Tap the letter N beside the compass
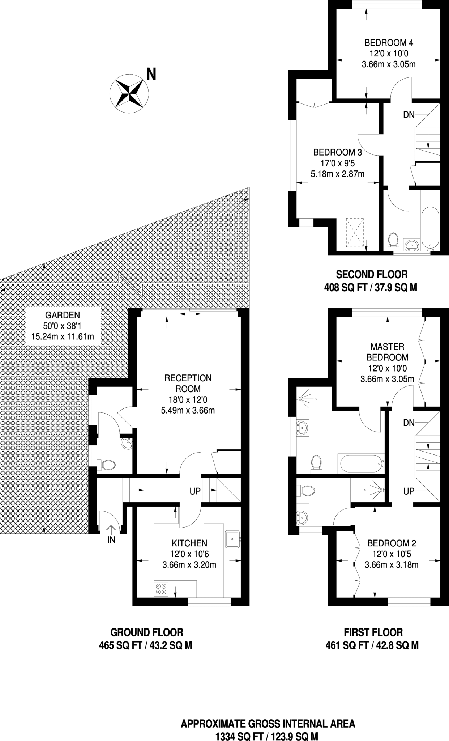[151, 74]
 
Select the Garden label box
[63, 326]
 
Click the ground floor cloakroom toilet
[106, 465]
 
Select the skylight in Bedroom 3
[354, 232]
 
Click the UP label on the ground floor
[195, 492]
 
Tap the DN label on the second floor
[409, 115]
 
